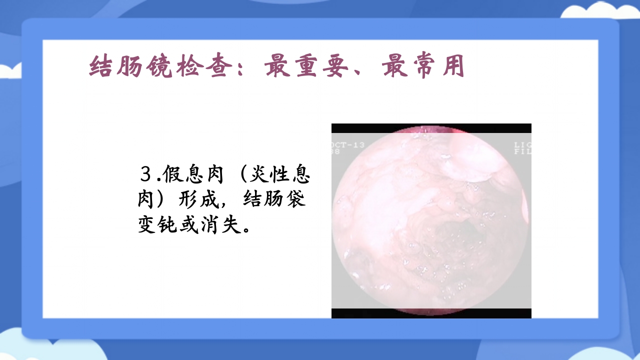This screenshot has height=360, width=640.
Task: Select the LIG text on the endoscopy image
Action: (x=522, y=145)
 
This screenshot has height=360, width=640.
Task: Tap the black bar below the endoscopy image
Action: (x=431, y=313)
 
